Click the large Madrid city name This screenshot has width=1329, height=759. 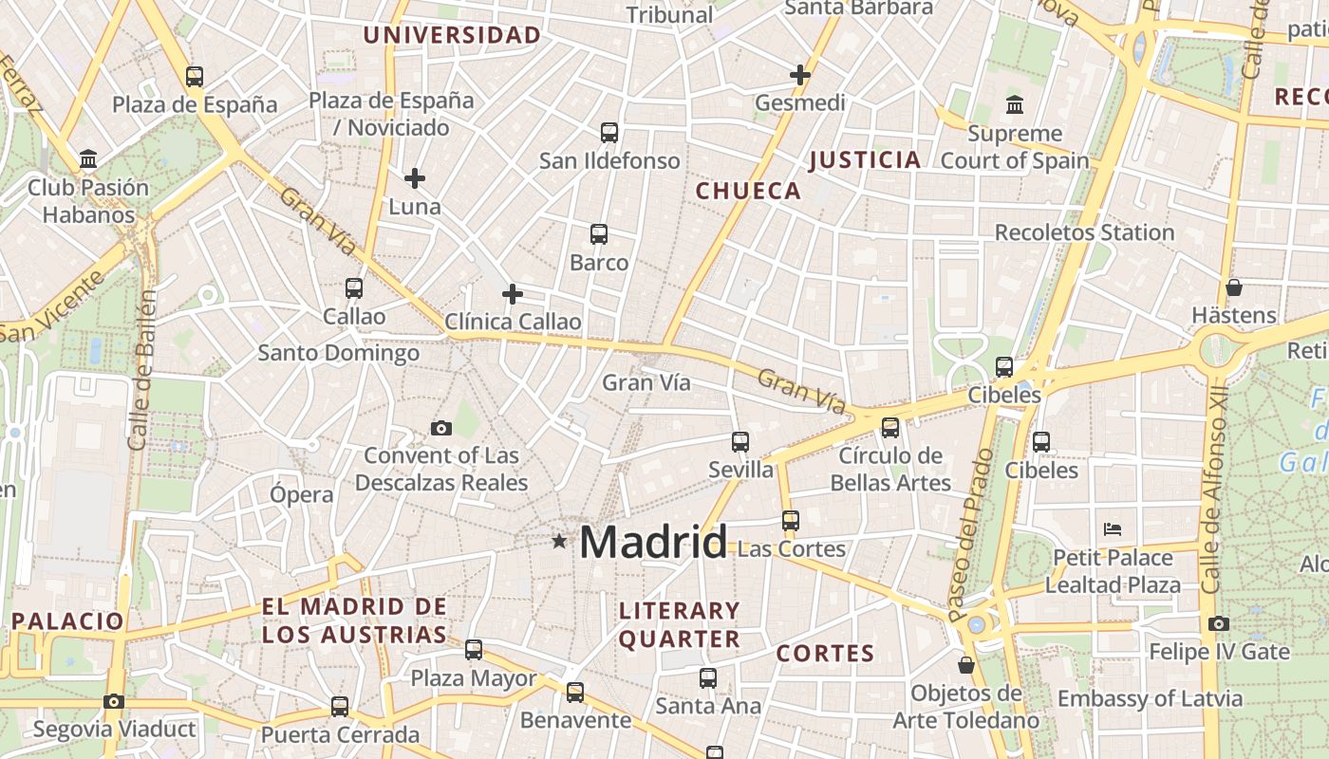[653, 542]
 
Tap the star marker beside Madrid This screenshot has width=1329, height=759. [559, 542]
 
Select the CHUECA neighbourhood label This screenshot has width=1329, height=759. [749, 191]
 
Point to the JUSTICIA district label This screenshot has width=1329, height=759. [865, 159]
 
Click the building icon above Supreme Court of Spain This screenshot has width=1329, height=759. [1015, 104]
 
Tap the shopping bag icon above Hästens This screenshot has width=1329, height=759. [1234, 287]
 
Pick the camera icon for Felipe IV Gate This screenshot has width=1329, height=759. [1219, 623]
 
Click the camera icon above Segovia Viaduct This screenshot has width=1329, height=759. [114, 701]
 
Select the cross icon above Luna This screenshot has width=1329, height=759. [415, 177]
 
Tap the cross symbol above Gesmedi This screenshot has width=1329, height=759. [800, 74]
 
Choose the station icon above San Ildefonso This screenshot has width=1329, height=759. [609, 132]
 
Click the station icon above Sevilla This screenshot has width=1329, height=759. [740, 441]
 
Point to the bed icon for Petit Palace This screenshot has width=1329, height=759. [1113, 528]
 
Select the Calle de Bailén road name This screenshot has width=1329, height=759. [142, 369]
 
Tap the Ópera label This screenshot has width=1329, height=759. [302, 494]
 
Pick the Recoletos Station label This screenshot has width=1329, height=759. [1084, 232]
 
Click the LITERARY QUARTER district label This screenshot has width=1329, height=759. [680, 624]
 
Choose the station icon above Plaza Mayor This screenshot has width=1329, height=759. [474, 650]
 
